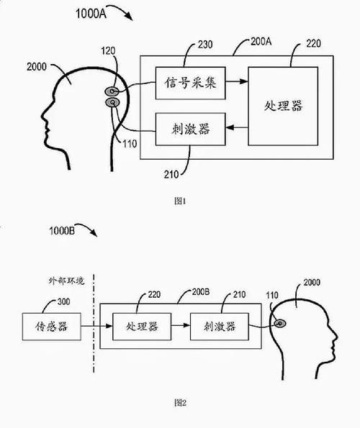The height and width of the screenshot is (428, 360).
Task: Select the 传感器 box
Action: [x=52, y=327]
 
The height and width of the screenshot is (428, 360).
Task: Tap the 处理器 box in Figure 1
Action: [x=282, y=106]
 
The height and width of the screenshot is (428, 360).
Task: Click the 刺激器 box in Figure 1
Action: [x=190, y=131]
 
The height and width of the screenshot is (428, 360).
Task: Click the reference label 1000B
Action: [x=66, y=232]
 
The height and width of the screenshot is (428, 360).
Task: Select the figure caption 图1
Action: [x=181, y=201]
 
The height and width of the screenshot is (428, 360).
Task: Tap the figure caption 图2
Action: [x=181, y=403]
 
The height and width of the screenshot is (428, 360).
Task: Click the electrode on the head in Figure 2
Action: [x=279, y=324]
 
